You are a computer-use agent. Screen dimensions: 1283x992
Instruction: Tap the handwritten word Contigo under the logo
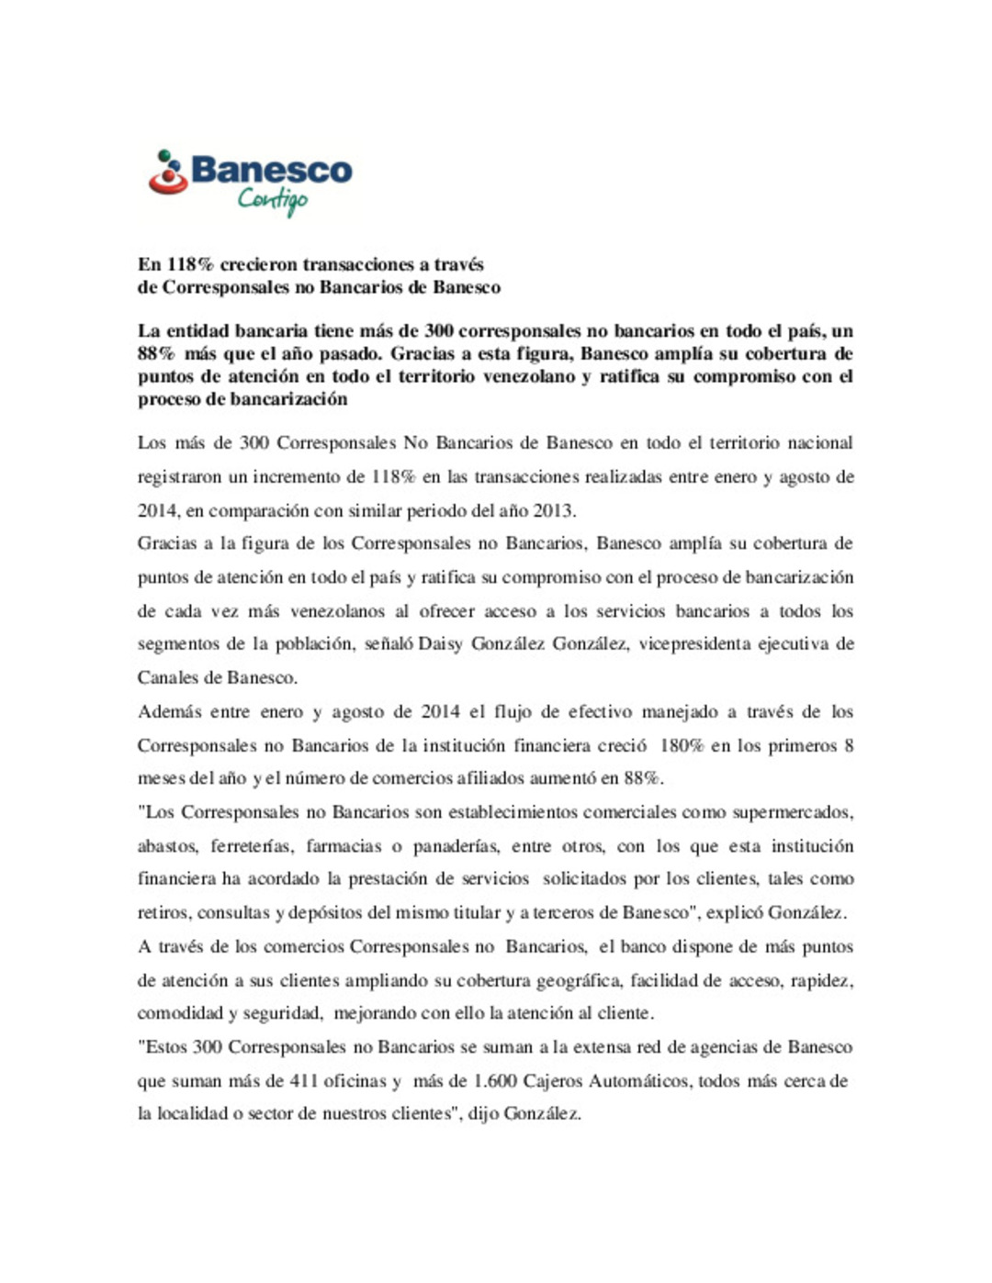(273, 199)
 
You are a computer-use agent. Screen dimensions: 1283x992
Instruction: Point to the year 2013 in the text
(553, 510)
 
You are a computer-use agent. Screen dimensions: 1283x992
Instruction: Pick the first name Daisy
(441, 644)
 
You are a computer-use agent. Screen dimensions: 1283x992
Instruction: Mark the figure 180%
(681, 745)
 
